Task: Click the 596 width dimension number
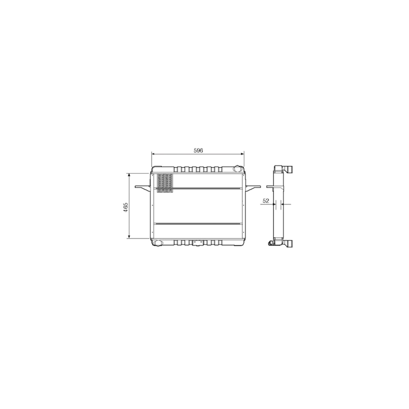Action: [198, 151]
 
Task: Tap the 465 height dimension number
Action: [126, 207]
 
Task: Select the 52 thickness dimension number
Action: [265, 201]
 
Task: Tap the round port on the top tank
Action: [237, 169]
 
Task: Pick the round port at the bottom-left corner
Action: [157, 243]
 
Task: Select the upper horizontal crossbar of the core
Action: [198, 188]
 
